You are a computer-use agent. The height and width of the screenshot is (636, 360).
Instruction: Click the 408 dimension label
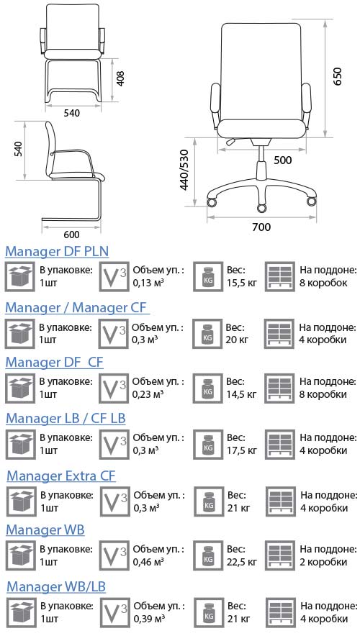pyautogui.click(x=120, y=78)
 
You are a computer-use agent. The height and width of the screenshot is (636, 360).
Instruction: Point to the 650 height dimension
pyautogui.click(x=338, y=76)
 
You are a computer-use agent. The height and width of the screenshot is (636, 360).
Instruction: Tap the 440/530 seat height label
pyautogui.click(x=184, y=170)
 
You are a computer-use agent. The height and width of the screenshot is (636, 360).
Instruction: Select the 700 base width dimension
pyautogui.click(x=261, y=227)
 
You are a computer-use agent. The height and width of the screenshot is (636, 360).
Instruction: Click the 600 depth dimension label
pyautogui.click(x=72, y=235)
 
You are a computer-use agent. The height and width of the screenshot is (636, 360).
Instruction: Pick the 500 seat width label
pyautogui.click(x=282, y=160)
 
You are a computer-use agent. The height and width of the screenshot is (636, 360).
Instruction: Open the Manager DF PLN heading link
pyautogui.click(x=57, y=252)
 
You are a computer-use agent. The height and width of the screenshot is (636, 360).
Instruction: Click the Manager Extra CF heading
pyautogui.click(x=61, y=476)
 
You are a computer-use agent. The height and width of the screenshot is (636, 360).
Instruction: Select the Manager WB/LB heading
pyautogui.click(x=56, y=586)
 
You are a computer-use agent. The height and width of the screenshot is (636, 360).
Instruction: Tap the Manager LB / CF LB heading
pyautogui.click(x=66, y=418)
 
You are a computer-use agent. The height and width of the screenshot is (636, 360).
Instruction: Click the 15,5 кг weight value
pyautogui.click(x=242, y=283)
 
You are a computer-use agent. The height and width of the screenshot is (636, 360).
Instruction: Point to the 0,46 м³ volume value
pyautogui.click(x=148, y=562)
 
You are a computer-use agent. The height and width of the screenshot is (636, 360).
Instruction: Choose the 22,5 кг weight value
pyautogui.click(x=242, y=562)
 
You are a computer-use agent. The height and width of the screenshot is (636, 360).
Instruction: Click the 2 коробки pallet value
pyautogui.click(x=323, y=562)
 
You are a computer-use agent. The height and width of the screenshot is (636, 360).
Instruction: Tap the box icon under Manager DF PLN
pyautogui.click(x=19, y=276)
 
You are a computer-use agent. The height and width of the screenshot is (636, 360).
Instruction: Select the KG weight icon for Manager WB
pyautogui.click(x=208, y=555)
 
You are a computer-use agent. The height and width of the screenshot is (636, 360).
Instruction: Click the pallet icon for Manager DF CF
pyautogui.click(x=279, y=389)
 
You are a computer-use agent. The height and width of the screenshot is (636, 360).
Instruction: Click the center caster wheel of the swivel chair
pyautogui.click(x=262, y=209)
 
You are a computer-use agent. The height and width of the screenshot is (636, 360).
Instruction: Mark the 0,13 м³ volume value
pyautogui.click(x=148, y=283)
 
